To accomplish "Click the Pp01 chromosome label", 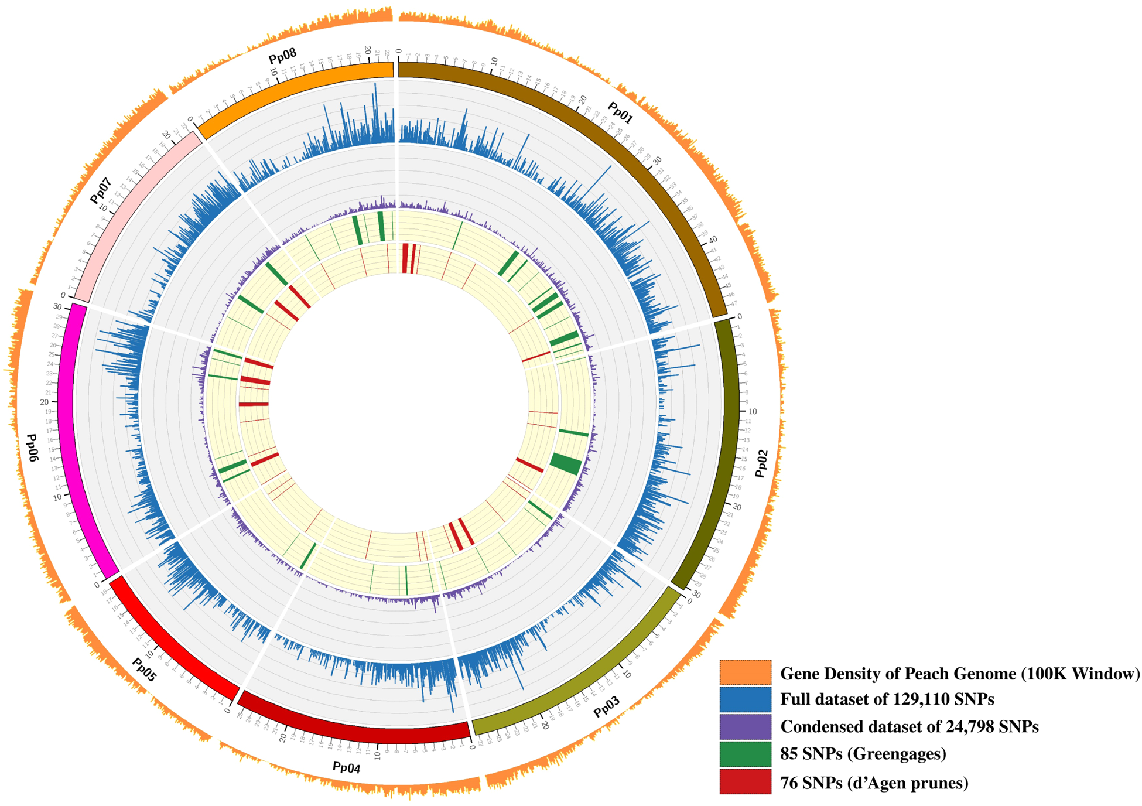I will pos(620,113).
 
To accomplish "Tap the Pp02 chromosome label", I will pos(761,464).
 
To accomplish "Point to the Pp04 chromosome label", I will pos(346,767).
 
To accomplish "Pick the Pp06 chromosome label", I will pos(32,448).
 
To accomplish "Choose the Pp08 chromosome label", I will pos(282,57).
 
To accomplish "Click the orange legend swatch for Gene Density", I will pos(745,672).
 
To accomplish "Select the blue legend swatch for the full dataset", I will pos(745,699).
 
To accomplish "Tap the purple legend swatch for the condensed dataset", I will pos(745,726).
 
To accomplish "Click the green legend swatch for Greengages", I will pos(745,754).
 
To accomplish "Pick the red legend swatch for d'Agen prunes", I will pos(745,781).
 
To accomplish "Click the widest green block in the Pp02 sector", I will pos(566,464).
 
